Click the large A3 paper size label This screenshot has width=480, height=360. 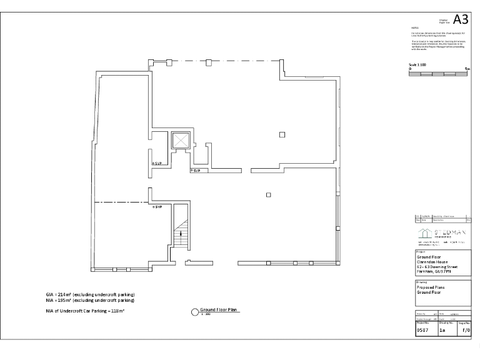461,19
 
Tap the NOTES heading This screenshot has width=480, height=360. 414,28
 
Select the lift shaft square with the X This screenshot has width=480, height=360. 180,140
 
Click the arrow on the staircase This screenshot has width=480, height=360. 181,232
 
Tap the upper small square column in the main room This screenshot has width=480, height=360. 282,134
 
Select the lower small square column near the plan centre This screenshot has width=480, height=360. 268,195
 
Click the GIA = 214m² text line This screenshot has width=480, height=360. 90,294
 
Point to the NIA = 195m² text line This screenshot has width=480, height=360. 90,299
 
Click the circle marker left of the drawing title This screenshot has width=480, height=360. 194,311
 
